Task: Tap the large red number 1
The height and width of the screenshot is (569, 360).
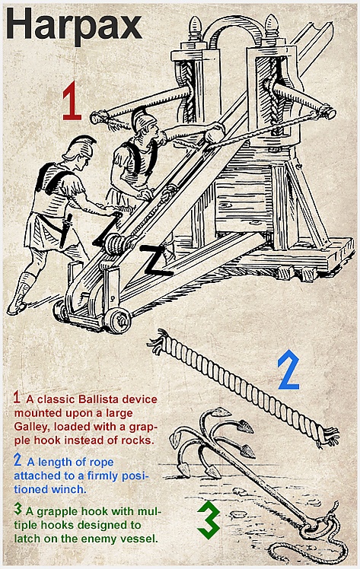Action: click(x=72, y=101)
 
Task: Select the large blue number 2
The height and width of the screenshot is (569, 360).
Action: click(x=289, y=370)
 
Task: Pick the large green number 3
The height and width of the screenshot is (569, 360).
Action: click(x=209, y=520)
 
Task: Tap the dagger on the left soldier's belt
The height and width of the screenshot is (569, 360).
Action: click(x=65, y=230)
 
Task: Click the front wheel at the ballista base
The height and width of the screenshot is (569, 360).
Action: click(x=118, y=320)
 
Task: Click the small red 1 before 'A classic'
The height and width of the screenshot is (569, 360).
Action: click(x=17, y=397)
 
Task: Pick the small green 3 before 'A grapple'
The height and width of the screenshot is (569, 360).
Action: click(x=18, y=509)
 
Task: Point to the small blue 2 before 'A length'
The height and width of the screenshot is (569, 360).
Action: click(x=18, y=460)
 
